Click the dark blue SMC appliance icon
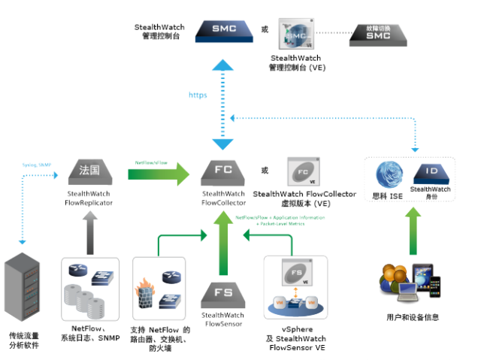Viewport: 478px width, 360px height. [x=223, y=29]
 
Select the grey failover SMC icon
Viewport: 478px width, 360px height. [x=378, y=34]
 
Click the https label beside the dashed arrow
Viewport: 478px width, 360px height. [x=198, y=95]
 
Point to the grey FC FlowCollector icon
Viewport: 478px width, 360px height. [x=223, y=172]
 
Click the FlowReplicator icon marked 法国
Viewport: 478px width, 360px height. [x=89, y=172]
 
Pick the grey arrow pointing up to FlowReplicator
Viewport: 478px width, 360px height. [x=89, y=230]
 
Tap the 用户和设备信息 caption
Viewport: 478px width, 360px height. [x=411, y=317]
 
